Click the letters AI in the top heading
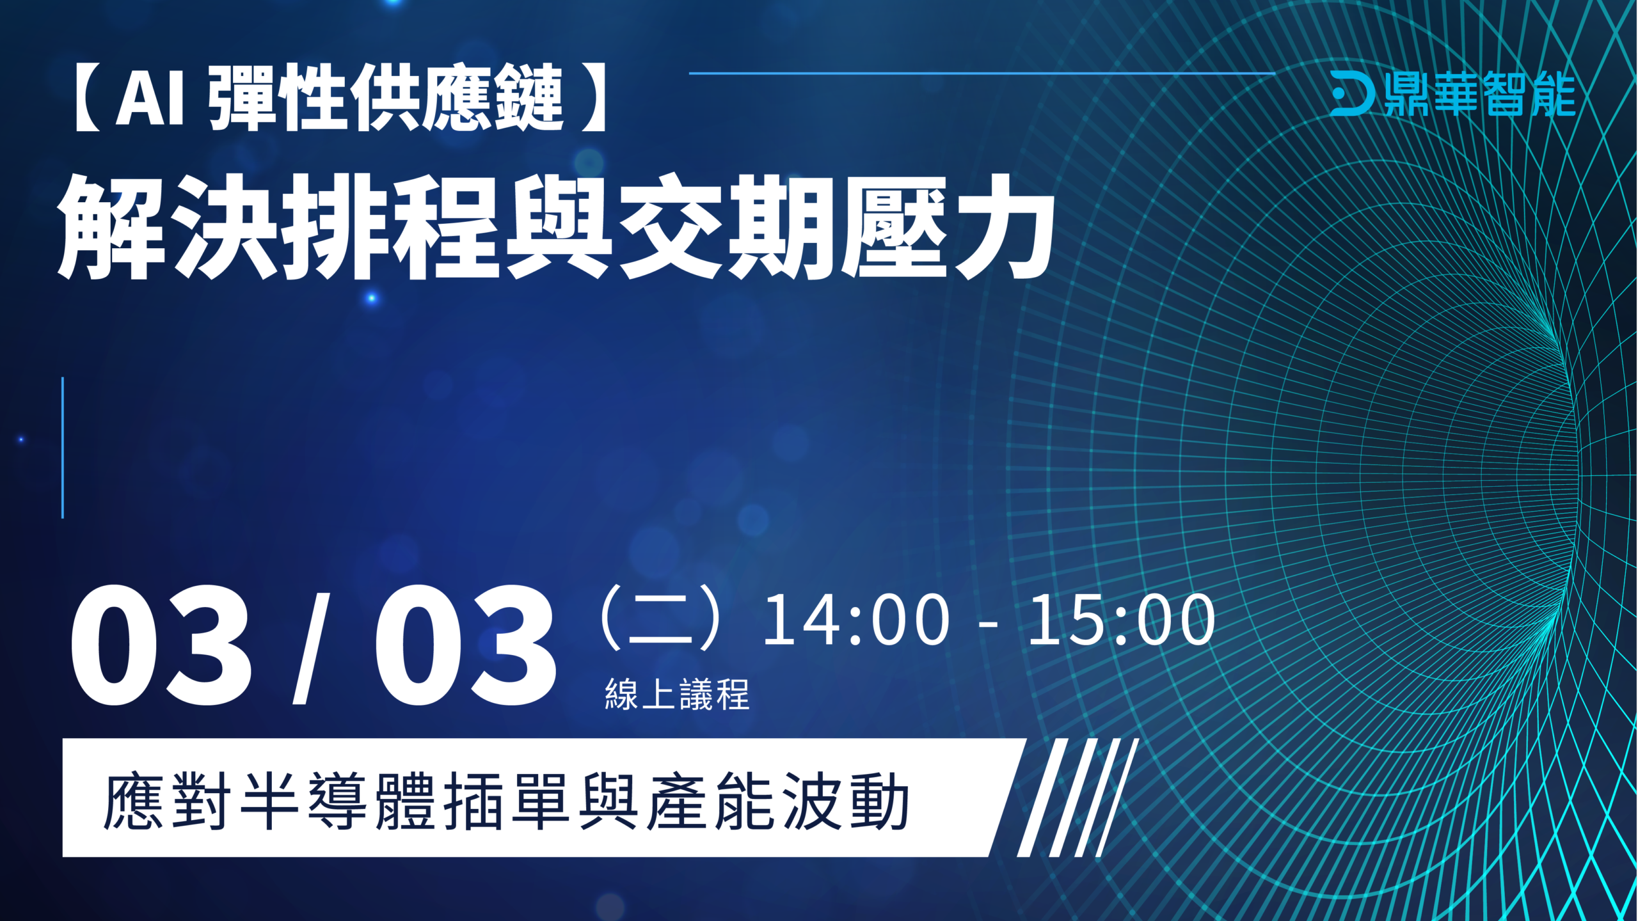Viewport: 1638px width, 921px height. pyautogui.click(x=150, y=98)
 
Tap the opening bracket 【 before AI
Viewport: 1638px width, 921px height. pyautogui.click(x=88, y=98)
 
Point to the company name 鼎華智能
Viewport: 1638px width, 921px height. pyautogui.click(x=1480, y=94)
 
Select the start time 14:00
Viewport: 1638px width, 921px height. pyautogui.click(x=856, y=619)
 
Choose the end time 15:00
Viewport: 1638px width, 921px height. pyautogui.click(x=1121, y=619)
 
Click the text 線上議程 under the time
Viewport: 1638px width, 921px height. pyautogui.click(x=677, y=695)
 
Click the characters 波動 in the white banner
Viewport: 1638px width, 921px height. pyautogui.click(x=845, y=801)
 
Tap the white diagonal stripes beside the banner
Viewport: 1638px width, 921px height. pyautogui.click(x=1078, y=798)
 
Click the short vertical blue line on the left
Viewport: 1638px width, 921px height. pyautogui.click(x=63, y=448)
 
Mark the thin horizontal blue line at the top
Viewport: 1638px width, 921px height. pyautogui.click(x=982, y=74)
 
